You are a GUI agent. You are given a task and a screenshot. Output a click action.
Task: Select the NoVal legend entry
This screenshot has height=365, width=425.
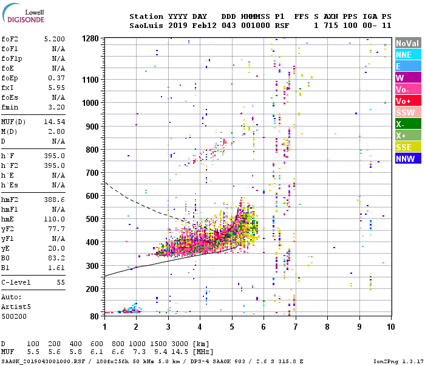pos(407,43)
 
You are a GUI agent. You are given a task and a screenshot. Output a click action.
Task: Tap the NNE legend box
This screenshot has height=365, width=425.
pos(407,55)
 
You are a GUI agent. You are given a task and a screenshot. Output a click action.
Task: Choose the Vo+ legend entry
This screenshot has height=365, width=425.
pos(407,101)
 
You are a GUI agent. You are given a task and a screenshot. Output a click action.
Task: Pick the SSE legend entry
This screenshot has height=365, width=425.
pos(407,147)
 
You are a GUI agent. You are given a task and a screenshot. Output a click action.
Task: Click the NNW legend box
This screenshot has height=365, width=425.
pos(407,159)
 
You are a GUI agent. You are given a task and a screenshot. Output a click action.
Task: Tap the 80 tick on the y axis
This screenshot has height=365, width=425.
pos(95,316)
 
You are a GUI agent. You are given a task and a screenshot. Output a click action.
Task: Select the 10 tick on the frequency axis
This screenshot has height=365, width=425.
pos(392,327)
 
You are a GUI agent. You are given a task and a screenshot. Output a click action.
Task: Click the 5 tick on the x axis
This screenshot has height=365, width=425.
pos(232,327)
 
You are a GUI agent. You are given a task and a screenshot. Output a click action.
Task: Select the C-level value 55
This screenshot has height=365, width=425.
pos(60,283)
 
